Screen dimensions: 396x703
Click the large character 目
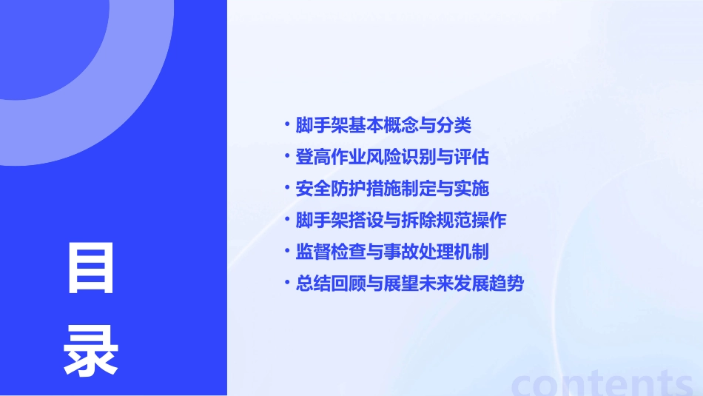[x=91, y=269]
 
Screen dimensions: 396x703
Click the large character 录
[x=91, y=351]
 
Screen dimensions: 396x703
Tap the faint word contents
[x=602, y=382]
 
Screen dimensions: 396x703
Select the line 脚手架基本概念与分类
[x=383, y=126]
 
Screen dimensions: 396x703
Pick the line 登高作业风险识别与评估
[x=392, y=158]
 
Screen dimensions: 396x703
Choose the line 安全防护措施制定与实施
[x=392, y=189]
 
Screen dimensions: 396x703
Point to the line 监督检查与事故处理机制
[x=392, y=252]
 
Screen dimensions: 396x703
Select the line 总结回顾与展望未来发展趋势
[x=410, y=284]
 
